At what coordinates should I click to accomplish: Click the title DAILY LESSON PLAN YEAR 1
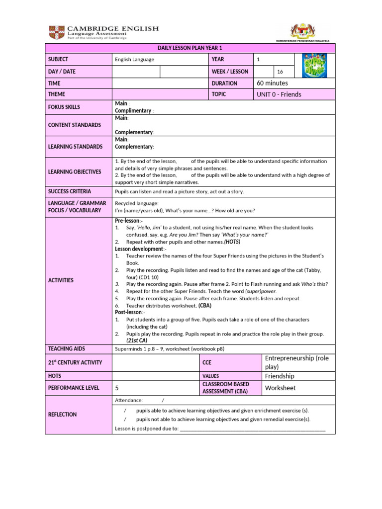(190, 48)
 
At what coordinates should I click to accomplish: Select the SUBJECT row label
(58, 60)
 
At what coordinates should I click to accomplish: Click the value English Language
(134, 60)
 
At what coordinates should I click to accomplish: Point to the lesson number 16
(280, 72)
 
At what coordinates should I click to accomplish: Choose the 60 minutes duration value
(272, 84)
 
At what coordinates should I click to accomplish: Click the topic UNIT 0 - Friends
(279, 94)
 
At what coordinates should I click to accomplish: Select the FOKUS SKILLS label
(64, 107)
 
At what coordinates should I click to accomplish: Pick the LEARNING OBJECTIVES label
(74, 172)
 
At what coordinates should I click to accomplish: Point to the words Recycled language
(137, 203)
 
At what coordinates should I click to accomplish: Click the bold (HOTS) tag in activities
(232, 242)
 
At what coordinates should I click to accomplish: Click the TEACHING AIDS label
(67, 349)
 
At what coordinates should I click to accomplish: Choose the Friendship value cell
(280, 376)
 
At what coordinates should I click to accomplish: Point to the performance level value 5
(117, 388)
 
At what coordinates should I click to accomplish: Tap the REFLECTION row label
(62, 415)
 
